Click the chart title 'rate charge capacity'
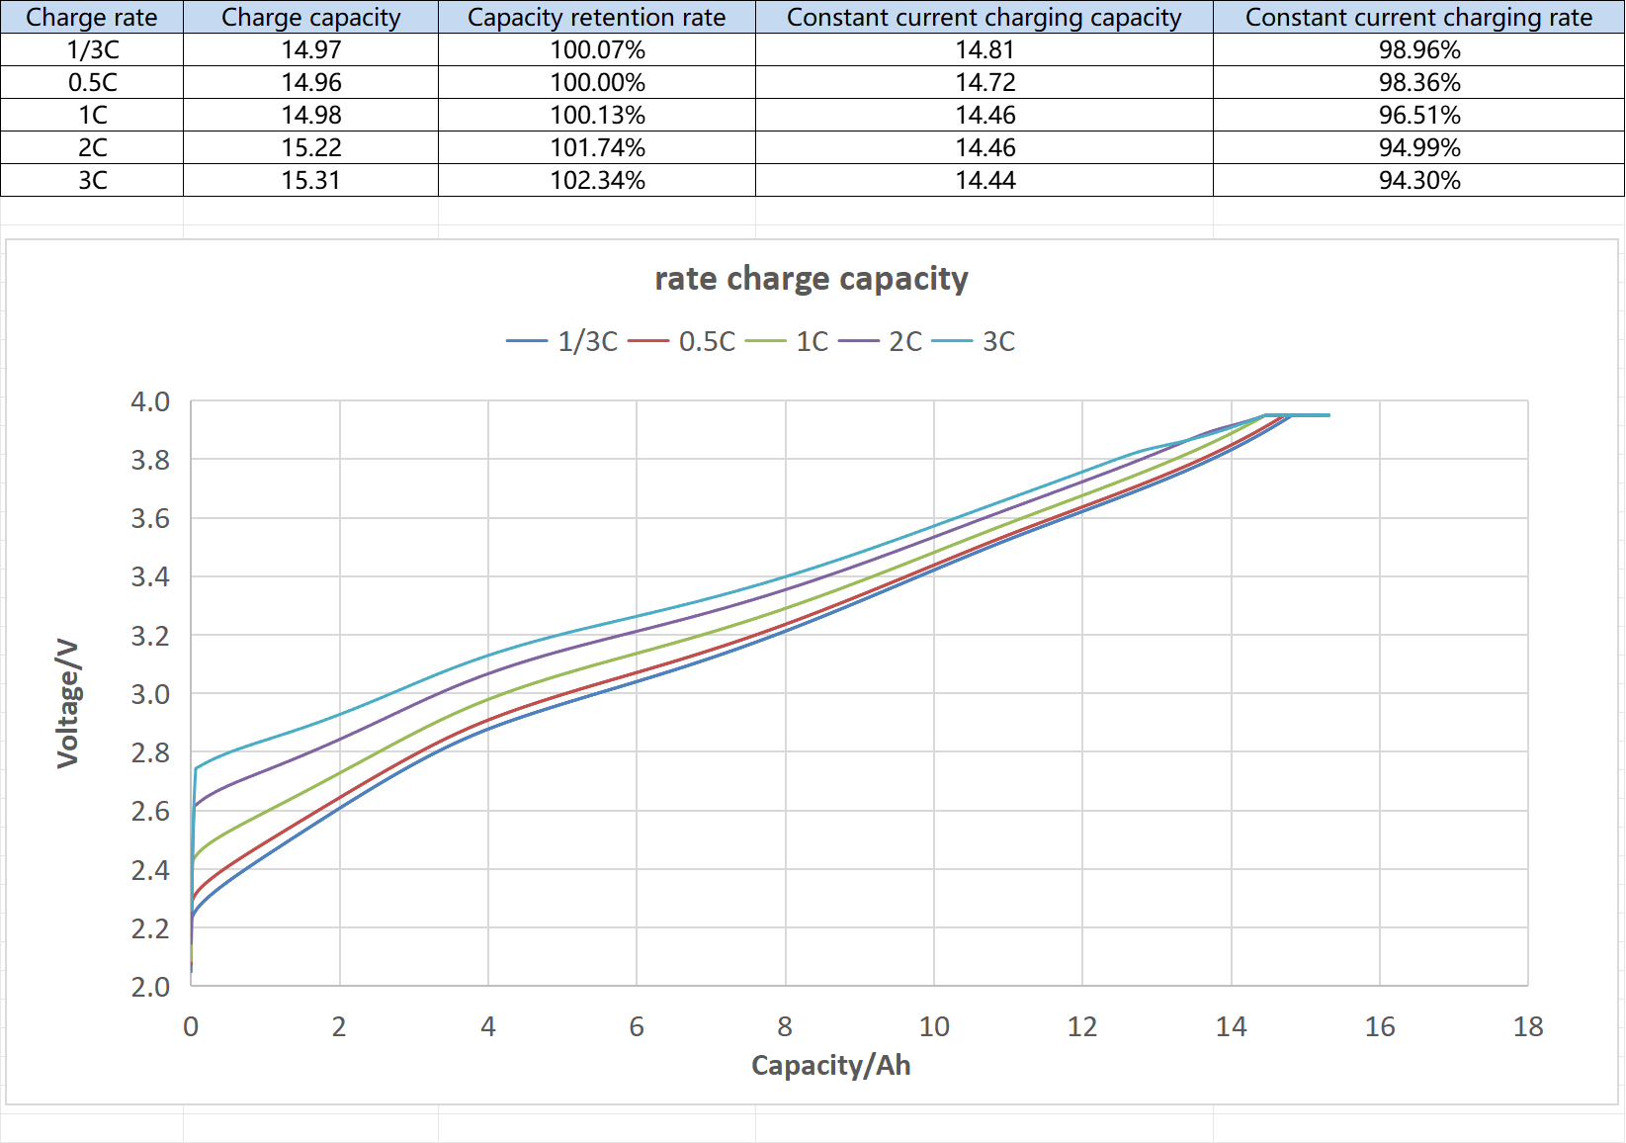coord(811,279)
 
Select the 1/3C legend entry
coord(562,342)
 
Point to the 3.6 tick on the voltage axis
coord(150,519)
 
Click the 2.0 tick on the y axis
coord(150,987)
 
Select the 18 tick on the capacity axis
coord(1527,1027)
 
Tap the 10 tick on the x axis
coord(933,1027)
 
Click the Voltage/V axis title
coord(67,703)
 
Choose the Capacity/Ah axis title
coord(830,1065)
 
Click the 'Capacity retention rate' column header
coord(596,18)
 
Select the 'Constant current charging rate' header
coord(1418,18)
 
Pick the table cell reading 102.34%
coord(597,181)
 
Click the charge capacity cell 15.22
coord(310,148)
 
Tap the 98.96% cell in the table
coord(1419,50)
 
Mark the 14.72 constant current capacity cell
coord(984,83)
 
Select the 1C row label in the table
coord(92,116)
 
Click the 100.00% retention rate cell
coord(597,83)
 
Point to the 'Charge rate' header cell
coord(92,18)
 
